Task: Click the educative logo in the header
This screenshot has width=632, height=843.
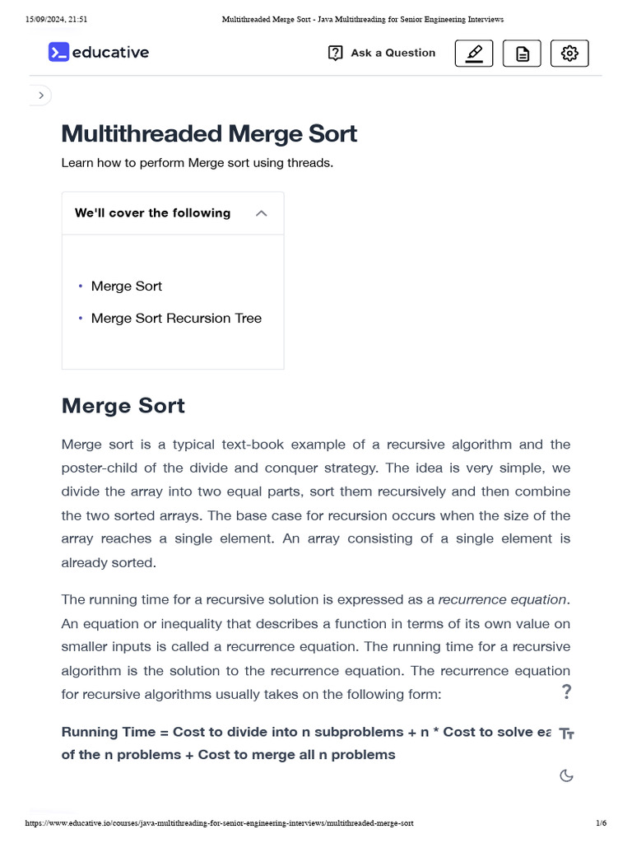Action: click(x=99, y=53)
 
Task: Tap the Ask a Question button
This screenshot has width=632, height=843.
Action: click(x=382, y=53)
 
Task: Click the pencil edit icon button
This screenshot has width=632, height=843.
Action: click(x=474, y=54)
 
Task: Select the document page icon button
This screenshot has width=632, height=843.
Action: click(x=522, y=54)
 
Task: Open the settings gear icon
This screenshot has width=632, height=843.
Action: click(x=569, y=54)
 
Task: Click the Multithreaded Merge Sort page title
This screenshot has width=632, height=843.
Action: click(x=209, y=133)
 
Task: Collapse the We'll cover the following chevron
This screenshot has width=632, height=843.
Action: click(x=262, y=213)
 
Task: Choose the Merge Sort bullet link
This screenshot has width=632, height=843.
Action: click(x=127, y=286)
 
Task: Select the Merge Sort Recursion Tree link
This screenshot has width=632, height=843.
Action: click(x=176, y=318)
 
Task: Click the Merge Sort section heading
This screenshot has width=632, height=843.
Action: click(x=123, y=405)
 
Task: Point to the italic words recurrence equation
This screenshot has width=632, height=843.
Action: click(x=503, y=599)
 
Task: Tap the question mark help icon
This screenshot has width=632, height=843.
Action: click(x=566, y=692)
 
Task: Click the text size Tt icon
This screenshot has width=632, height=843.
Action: click(x=566, y=734)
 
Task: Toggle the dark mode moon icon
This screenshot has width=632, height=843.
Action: click(x=566, y=775)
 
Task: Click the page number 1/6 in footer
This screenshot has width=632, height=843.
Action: click(x=601, y=823)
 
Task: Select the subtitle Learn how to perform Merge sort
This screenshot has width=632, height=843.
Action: click(x=197, y=163)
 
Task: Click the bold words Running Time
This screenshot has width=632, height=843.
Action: click(x=108, y=732)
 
